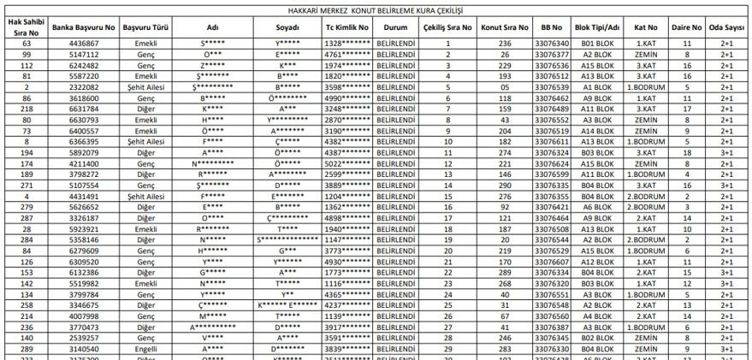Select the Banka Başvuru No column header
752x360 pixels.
(x=82, y=27)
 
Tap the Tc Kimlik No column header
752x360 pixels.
(x=346, y=27)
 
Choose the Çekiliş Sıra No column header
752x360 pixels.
(x=447, y=27)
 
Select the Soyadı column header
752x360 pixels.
(x=287, y=27)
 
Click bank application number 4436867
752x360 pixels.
(x=83, y=43)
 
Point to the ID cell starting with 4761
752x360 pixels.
(x=346, y=54)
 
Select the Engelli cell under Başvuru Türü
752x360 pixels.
(x=146, y=350)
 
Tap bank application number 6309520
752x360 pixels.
(x=83, y=262)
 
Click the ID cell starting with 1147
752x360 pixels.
(x=346, y=239)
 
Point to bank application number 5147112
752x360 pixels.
(x=83, y=54)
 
